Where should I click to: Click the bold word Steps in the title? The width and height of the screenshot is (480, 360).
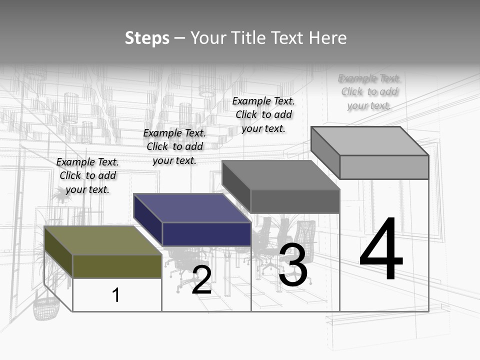coord(147,38)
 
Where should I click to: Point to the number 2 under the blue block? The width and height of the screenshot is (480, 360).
coord(202,280)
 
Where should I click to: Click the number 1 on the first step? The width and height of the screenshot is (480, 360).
coord(116,295)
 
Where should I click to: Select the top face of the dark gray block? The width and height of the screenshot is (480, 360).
coord(280,175)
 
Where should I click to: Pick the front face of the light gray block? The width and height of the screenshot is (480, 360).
coord(384,167)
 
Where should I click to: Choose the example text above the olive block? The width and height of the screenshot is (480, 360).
coord(88,175)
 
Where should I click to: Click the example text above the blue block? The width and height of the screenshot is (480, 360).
coord(174,146)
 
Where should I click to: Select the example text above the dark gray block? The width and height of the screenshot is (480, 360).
coord(263,114)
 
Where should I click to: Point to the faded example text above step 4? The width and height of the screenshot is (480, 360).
coord(369,92)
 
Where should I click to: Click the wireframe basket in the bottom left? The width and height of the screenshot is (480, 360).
coord(46,307)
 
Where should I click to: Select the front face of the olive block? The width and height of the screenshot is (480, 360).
coord(117,266)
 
